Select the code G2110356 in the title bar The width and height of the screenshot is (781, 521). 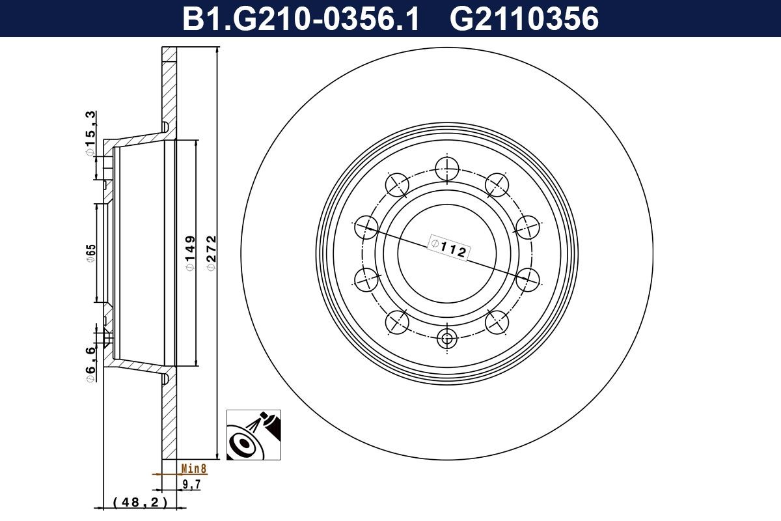coord(524,19)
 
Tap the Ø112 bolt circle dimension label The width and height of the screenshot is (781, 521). coord(449,247)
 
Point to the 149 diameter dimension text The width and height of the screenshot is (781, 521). coord(189,254)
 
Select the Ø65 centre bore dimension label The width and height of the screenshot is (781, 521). coord(90,254)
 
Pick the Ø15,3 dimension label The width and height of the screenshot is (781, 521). coord(90,134)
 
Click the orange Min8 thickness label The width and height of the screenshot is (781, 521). coord(193,468)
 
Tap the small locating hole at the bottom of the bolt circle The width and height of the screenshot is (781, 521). coord(447,338)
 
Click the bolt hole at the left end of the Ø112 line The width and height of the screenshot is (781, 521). coord(366,227)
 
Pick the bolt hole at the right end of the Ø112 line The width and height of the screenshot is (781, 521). coord(528,279)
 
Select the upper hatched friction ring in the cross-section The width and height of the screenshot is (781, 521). coord(169,85)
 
